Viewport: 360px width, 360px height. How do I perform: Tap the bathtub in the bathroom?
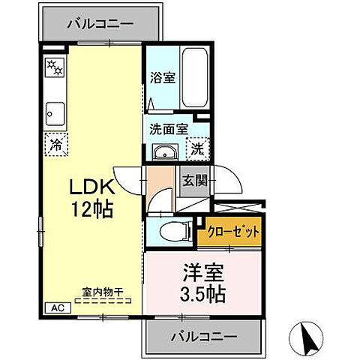tap(193, 78)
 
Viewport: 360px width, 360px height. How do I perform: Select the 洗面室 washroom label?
tap(168, 128)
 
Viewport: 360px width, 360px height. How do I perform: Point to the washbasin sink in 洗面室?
tap(164, 153)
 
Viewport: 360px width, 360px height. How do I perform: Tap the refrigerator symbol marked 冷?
tap(55, 144)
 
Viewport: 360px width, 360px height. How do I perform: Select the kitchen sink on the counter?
tap(55, 113)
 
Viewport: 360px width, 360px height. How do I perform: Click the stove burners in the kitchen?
tap(55, 70)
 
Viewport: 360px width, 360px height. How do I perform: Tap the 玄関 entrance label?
tap(193, 181)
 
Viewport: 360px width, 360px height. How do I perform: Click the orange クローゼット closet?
tap(229, 232)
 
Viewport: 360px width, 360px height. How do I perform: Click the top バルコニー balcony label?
tap(100, 23)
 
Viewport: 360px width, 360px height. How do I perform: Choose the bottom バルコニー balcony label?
tap(202, 335)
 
